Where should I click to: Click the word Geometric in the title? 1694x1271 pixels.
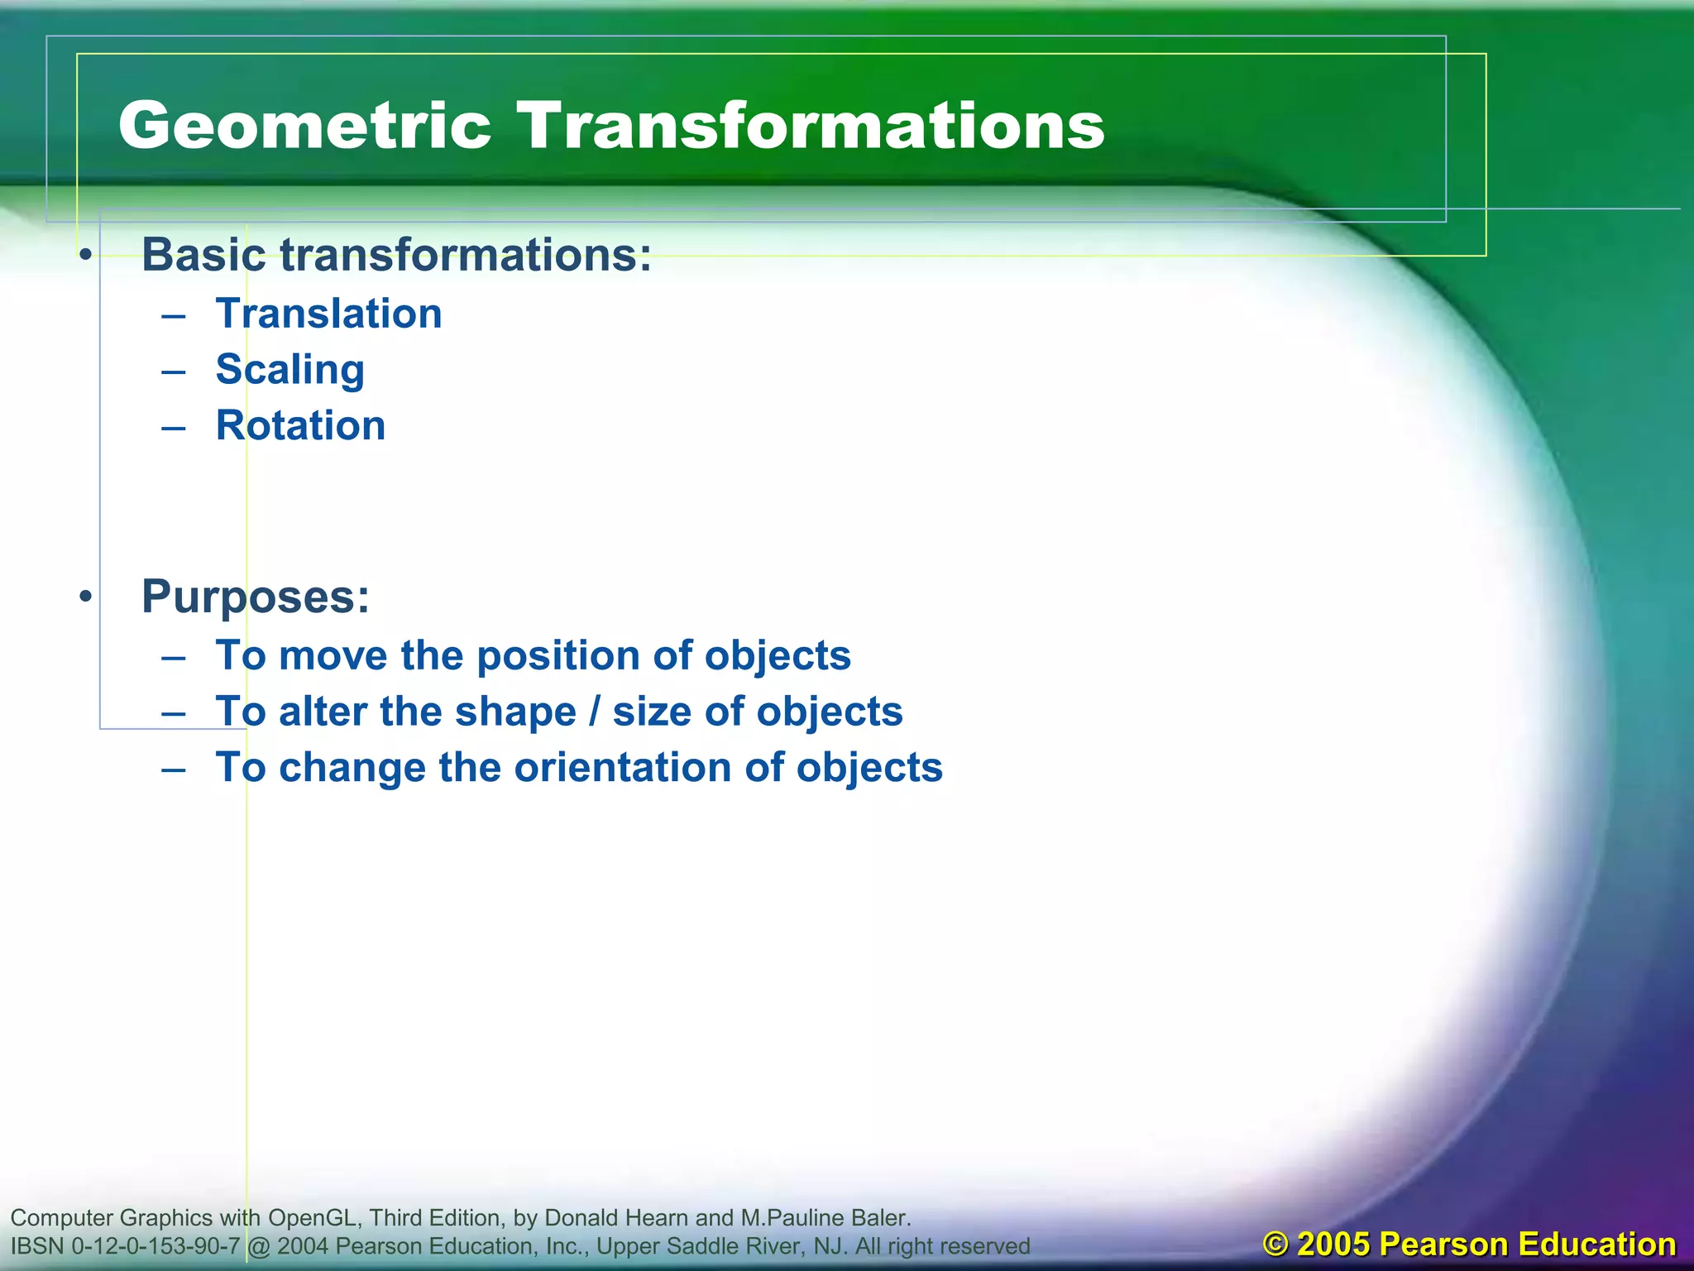(x=304, y=126)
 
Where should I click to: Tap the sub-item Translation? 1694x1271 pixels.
(x=328, y=314)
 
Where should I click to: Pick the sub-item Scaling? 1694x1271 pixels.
(x=290, y=370)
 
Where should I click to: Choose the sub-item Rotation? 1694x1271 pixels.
(x=300, y=426)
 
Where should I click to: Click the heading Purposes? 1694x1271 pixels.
(x=256, y=597)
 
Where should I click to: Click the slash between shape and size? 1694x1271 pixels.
(x=594, y=712)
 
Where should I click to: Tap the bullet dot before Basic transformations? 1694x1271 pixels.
(x=85, y=255)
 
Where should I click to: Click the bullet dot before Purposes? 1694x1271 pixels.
(x=85, y=597)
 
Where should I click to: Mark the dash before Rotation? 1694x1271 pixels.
(x=174, y=427)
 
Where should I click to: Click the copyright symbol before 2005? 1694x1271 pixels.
(x=1276, y=1245)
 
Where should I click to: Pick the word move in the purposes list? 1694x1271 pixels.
(x=333, y=656)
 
